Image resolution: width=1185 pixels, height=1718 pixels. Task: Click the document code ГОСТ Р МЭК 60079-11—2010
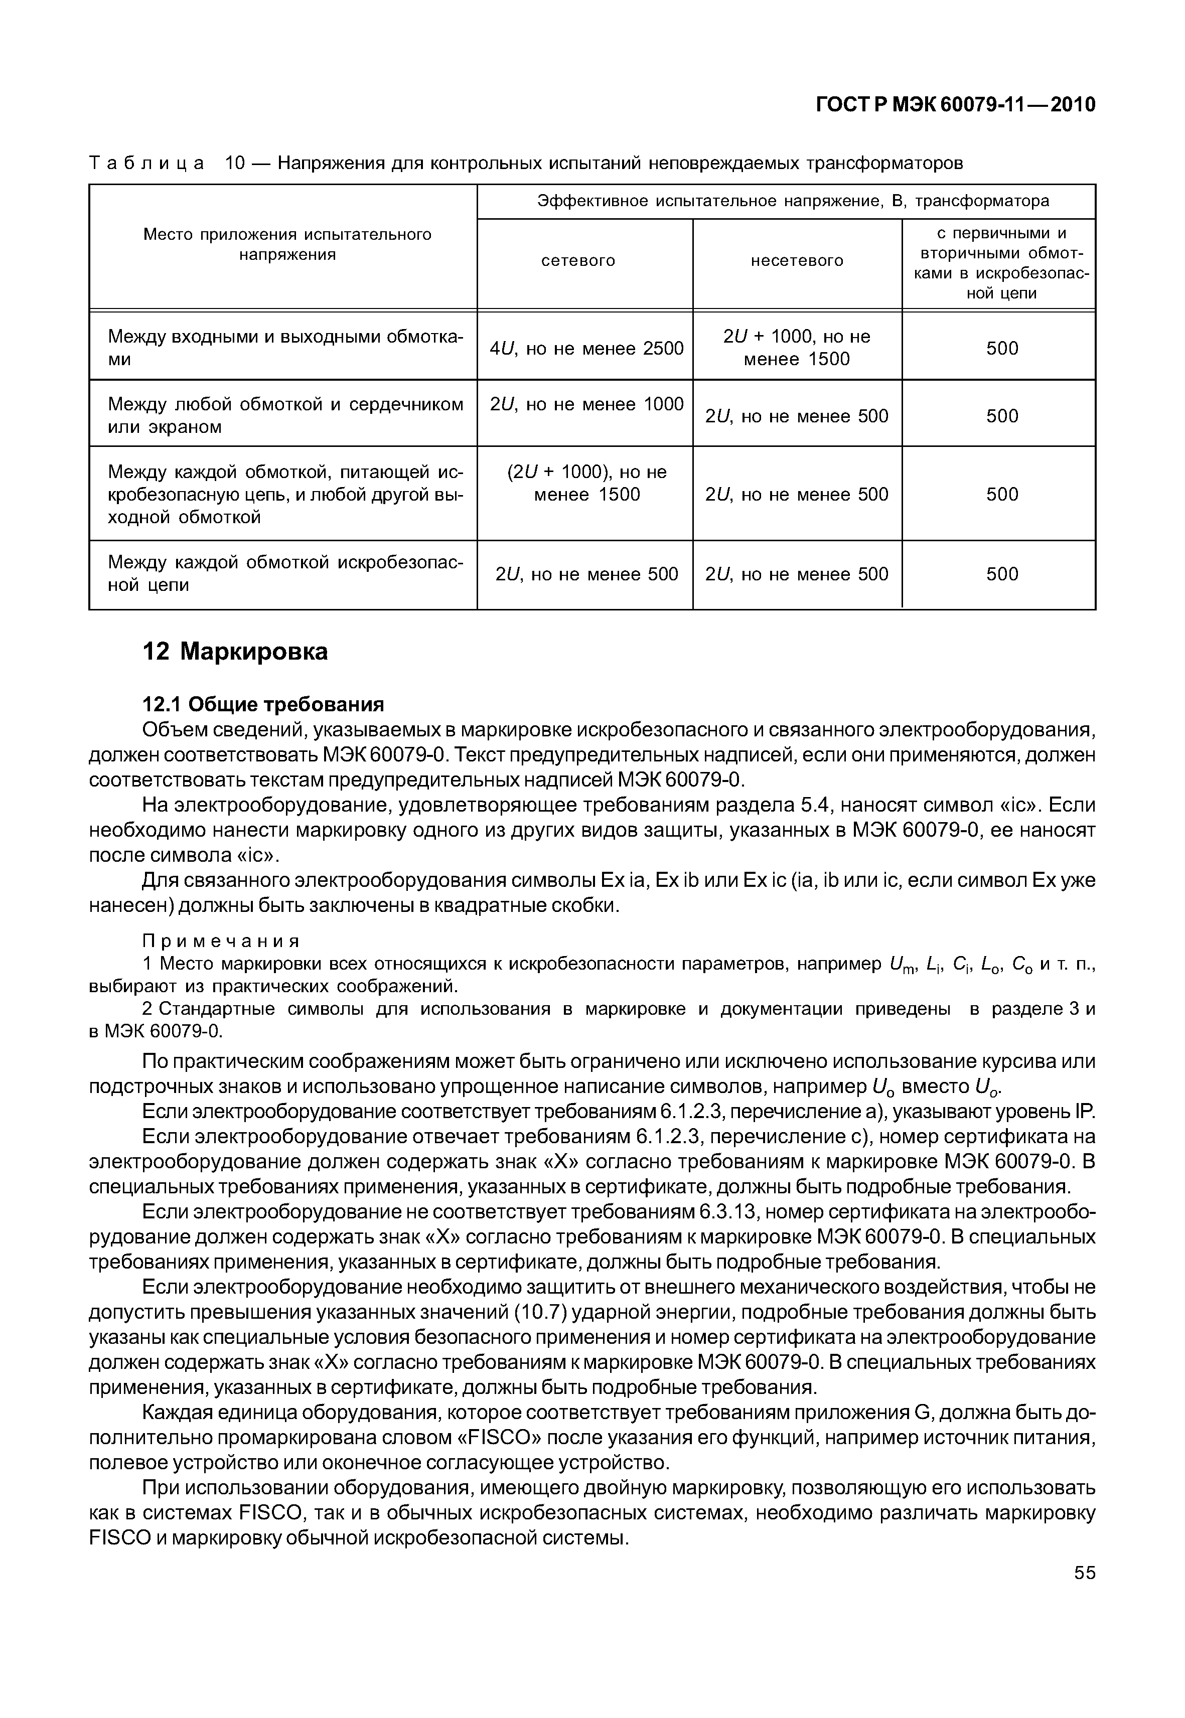click(x=956, y=105)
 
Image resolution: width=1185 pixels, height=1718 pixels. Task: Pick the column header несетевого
click(x=797, y=261)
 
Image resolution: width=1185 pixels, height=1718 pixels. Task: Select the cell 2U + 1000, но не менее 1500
click(x=797, y=348)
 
